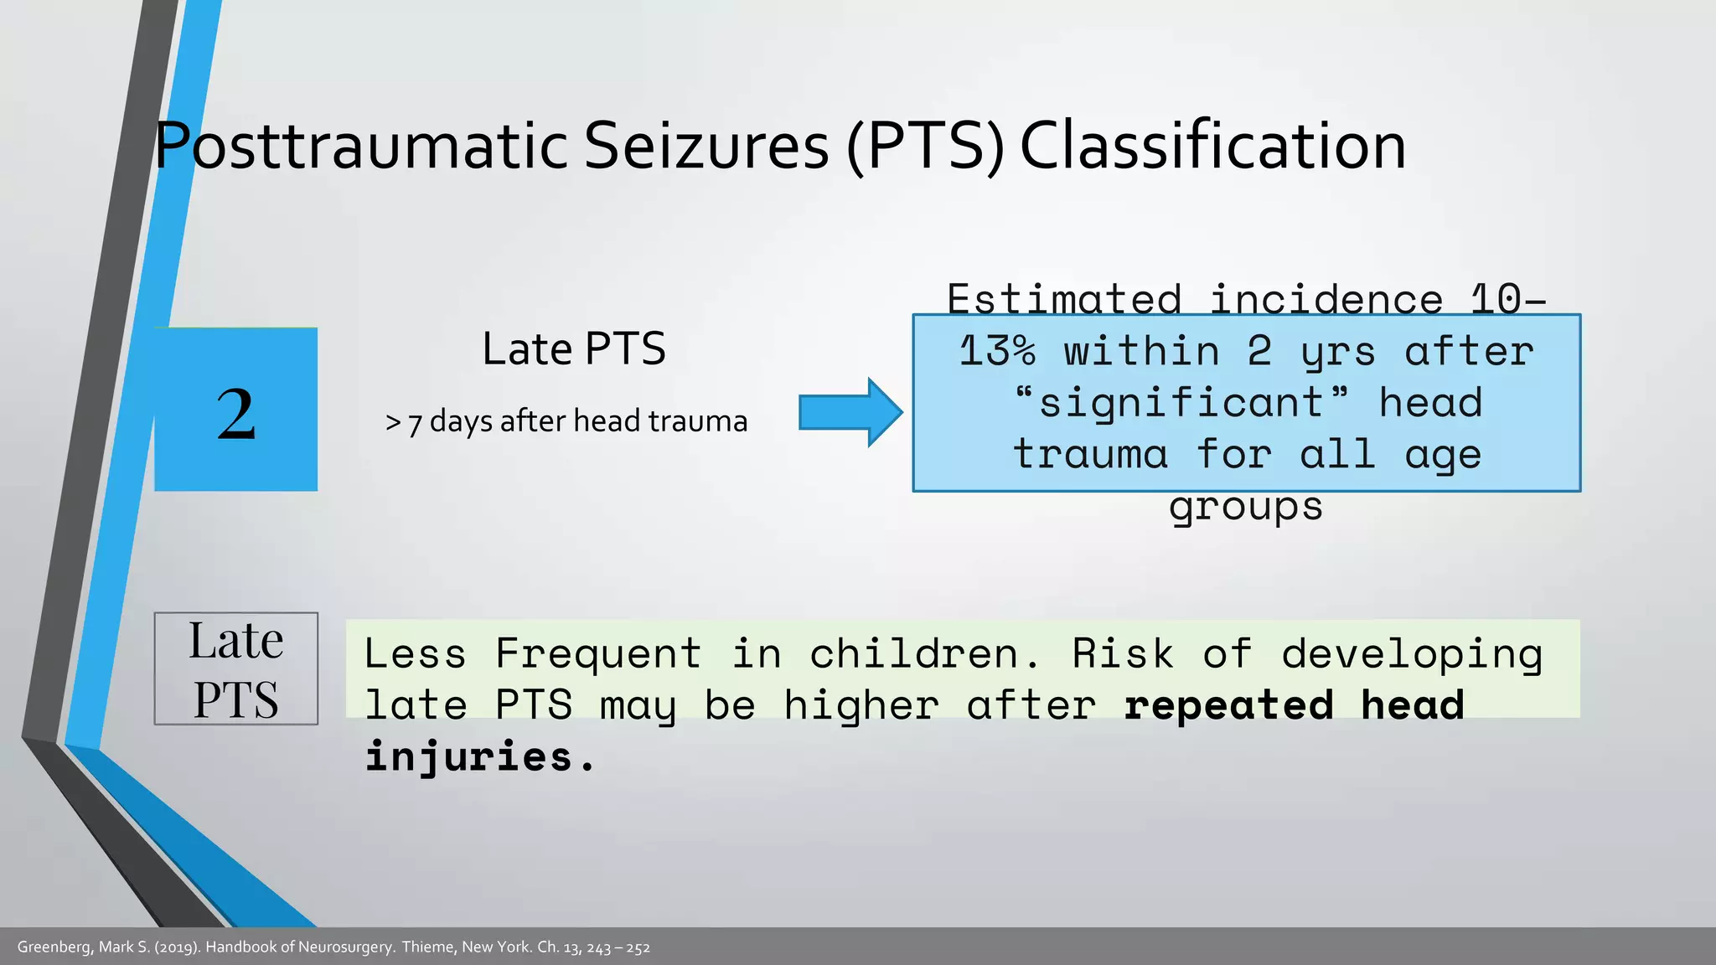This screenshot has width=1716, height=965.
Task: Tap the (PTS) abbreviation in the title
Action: [925, 147]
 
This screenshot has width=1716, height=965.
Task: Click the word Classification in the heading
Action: [1212, 147]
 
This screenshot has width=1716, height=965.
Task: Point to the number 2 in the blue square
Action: [235, 413]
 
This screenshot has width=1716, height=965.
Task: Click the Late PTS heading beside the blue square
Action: [574, 349]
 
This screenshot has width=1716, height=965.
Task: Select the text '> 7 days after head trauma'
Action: [566, 421]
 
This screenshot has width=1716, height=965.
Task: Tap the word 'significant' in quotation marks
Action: [1181, 402]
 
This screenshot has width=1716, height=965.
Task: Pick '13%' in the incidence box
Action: [997, 351]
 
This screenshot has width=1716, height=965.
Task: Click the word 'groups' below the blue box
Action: [1246, 506]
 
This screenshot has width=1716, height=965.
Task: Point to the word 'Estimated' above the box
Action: [1064, 299]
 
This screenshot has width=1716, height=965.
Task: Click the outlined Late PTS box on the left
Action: [235, 668]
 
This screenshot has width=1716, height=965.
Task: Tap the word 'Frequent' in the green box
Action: [598, 653]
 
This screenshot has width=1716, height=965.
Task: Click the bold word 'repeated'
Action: [1228, 705]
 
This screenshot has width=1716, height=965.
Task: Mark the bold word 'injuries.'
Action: [479, 756]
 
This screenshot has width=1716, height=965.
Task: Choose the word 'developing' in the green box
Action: [1412, 653]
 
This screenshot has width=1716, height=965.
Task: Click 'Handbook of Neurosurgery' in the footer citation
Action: [299, 947]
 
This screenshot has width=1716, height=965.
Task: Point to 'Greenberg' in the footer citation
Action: [54, 947]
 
